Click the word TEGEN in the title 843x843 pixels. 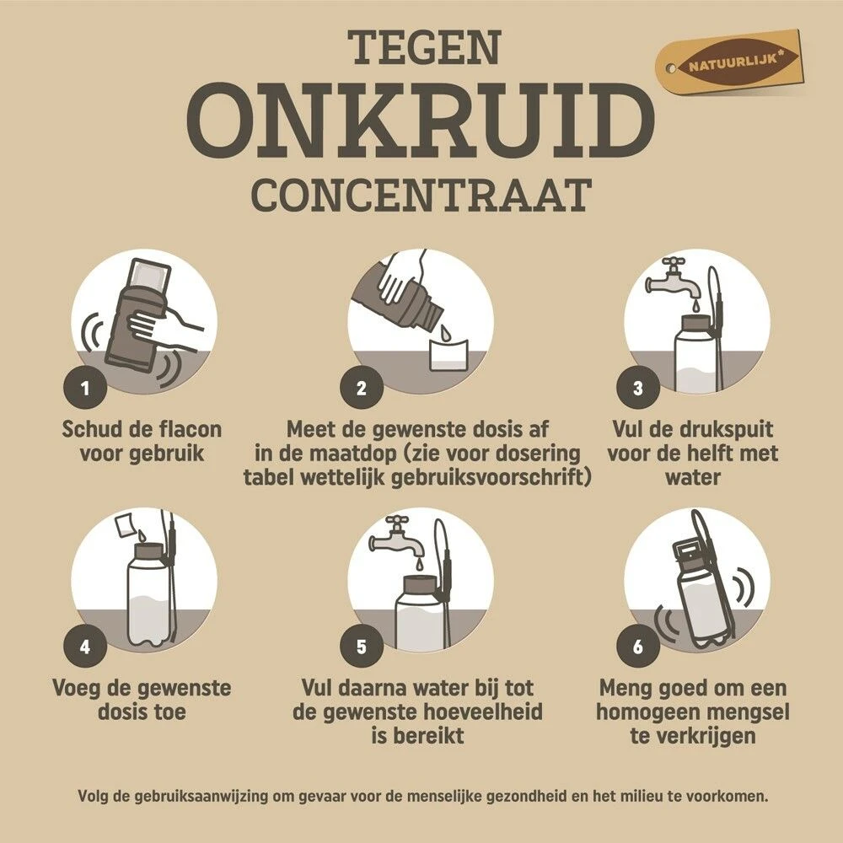421,50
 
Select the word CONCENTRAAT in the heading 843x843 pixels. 420,195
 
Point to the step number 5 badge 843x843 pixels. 361,647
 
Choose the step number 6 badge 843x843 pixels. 637,647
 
